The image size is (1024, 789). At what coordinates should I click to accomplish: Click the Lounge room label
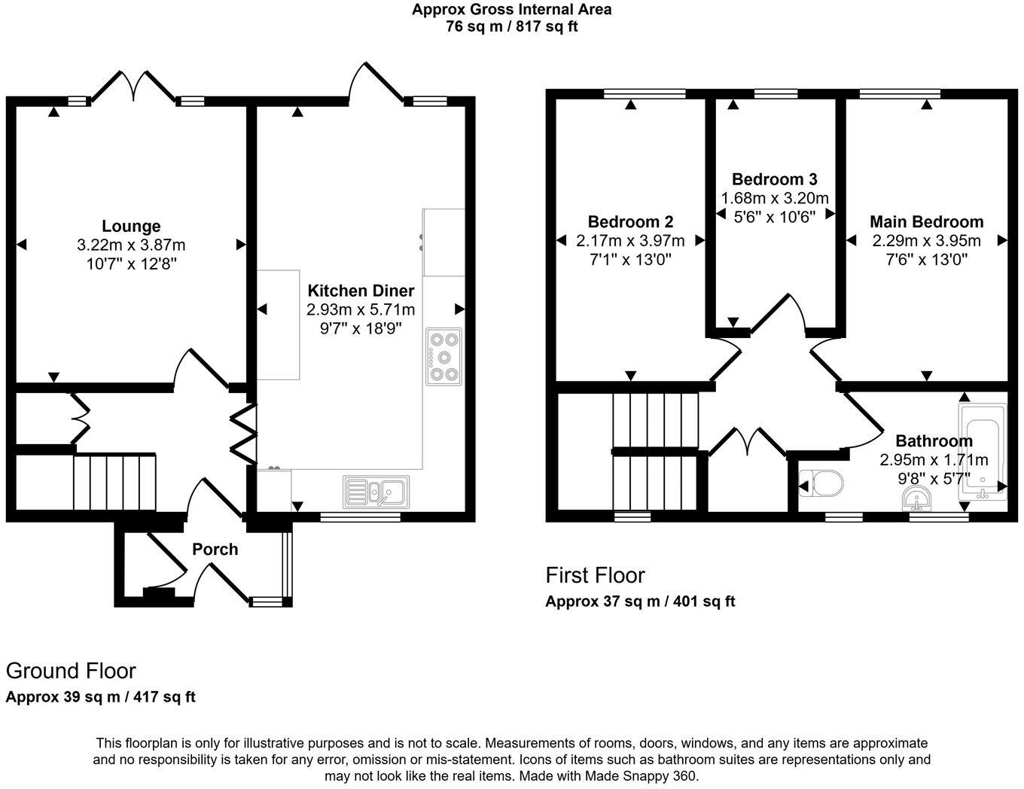131,226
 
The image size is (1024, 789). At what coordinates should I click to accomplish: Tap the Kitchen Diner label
361,291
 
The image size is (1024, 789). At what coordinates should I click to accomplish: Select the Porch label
215,550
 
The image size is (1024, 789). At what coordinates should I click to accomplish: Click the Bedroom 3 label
774,179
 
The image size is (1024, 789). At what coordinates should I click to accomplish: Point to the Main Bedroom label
926,222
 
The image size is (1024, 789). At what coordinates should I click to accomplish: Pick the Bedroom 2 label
630,222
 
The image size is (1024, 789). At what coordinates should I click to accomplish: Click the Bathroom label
934,441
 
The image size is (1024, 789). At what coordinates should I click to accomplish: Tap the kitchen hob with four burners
443,357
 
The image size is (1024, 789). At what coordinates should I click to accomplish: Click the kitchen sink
376,492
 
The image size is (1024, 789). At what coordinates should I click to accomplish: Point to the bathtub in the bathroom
982,452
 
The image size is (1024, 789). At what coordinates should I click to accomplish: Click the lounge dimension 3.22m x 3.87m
131,245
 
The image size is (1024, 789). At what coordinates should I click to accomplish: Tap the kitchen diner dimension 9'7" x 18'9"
361,328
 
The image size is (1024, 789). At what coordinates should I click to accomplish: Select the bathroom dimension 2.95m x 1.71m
934,460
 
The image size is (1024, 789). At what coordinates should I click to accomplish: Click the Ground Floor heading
71,671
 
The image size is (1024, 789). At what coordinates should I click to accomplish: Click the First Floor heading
595,576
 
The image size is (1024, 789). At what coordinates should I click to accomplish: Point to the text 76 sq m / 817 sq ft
511,26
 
